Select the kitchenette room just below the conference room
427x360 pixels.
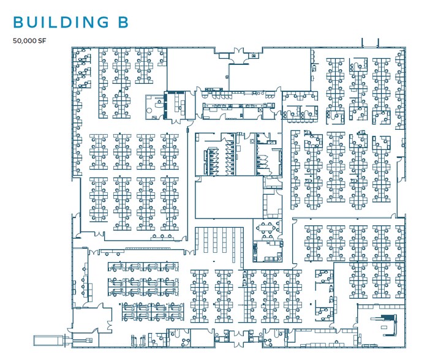tap(268, 251)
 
